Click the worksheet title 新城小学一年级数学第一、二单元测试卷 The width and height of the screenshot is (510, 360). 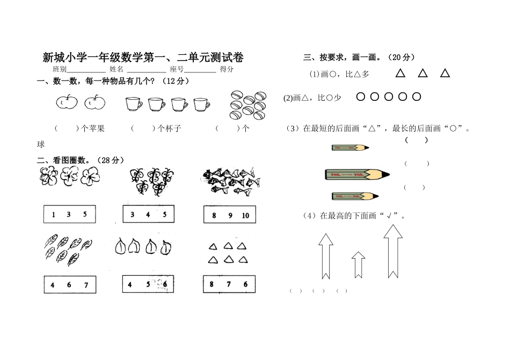click(x=143, y=58)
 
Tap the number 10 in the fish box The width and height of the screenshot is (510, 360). click(x=245, y=216)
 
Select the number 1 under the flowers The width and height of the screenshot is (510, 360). click(x=54, y=215)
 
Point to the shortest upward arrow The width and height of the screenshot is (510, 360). click(x=358, y=263)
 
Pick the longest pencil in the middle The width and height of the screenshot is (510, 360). click(x=356, y=174)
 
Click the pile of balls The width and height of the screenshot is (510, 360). click(x=248, y=105)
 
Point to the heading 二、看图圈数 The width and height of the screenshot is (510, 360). click(x=81, y=160)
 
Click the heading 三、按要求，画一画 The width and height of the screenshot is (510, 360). click(x=359, y=57)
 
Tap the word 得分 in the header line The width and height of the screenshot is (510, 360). click(x=227, y=70)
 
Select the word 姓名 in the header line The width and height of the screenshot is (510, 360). click(x=116, y=70)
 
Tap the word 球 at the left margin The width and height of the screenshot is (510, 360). click(x=40, y=144)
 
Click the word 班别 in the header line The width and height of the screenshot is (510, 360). click(x=60, y=70)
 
